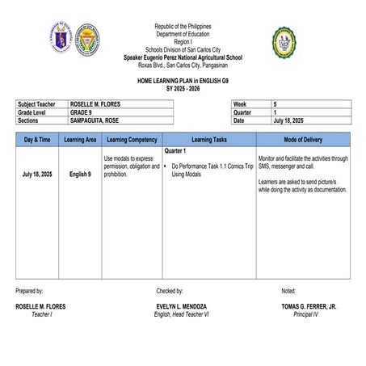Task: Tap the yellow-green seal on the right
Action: [284, 42]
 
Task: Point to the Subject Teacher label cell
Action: [38, 105]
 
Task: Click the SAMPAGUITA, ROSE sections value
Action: [99, 120]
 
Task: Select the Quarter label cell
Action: [245, 113]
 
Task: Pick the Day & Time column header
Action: [38, 139]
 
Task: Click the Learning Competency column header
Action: [132, 139]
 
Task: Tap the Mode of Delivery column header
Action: [303, 139]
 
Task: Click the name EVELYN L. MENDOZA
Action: [181, 307]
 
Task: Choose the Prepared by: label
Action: [29, 290]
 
